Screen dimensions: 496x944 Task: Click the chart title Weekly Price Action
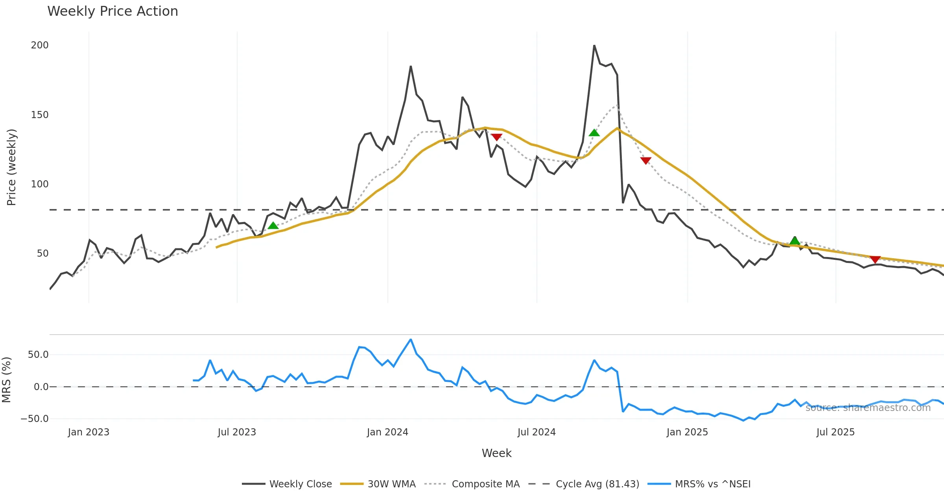pyautogui.click(x=112, y=11)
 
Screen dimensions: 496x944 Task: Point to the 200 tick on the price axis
pyautogui.click(x=40, y=45)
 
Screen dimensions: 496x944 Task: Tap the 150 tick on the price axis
pyautogui.click(x=40, y=115)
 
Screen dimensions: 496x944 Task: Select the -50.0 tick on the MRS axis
pyautogui.click(x=35, y=419)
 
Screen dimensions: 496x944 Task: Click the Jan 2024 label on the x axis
pyautogui.click(x=387, y=432)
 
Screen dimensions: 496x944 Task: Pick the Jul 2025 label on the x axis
pyautogui.click(x=835, y=432)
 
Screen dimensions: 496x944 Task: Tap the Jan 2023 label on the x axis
pyautogui.click(x=88, y=432)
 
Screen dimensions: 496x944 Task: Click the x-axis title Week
pyautogui.click(x=496, y=453)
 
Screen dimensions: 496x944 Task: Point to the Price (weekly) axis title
pyautogui.click(x=11, y=167)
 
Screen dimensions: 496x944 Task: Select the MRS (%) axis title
pyautogui.click(x=6, y=380)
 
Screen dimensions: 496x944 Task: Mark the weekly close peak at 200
pyautogui.click(x=594, y=46)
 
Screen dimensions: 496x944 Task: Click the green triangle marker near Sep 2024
pyautogui.click(x=594, y=133)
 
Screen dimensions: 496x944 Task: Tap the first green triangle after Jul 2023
pyautogui.click(x=273, y=226)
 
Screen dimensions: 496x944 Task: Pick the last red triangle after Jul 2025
pyautogui.click(x=875, y=259)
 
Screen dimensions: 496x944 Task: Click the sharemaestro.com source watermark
pyautogui.click(x=868, y=408)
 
